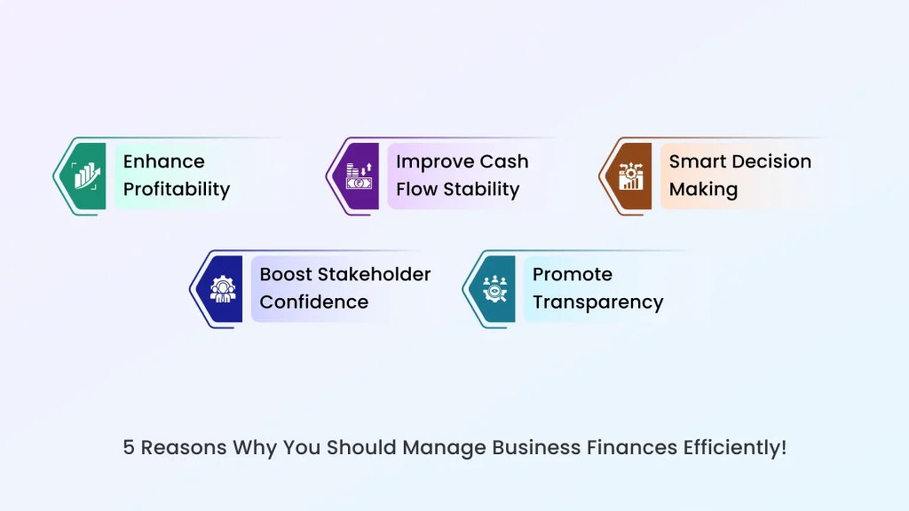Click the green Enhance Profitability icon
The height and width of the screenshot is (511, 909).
pyautogui.click(x=87, y=176)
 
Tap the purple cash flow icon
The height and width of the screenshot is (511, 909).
pyautogui.click(x=360, y=176)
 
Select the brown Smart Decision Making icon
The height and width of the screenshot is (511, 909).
pyautogui.click(x=632, y=176)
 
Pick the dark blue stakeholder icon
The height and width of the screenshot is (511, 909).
pyautogui.click(x=223, y=288)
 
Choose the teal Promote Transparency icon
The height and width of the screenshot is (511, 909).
pyautogui.click(x=495, y=288)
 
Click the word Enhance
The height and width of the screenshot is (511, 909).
pyautogui.click(x=163, y=161)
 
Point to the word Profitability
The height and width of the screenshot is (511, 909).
pyautogui.click(x=176, y=189)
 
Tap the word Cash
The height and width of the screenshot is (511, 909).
pyautogui.click(x=505, y=161)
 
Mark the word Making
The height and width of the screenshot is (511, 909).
pyautogui.click(x=703, y=189)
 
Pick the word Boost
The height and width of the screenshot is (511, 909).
pyautogui.click(x=286, y=274)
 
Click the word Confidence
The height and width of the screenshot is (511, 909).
pyautogui.click(x=313, y=302)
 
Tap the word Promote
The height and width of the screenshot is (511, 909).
pyautogui.click(x=572, y=274)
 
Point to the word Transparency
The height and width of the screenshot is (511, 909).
pyautogui.click(x=597, y=302)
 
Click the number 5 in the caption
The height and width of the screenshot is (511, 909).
pyautogui.click(x=129, y=447)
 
